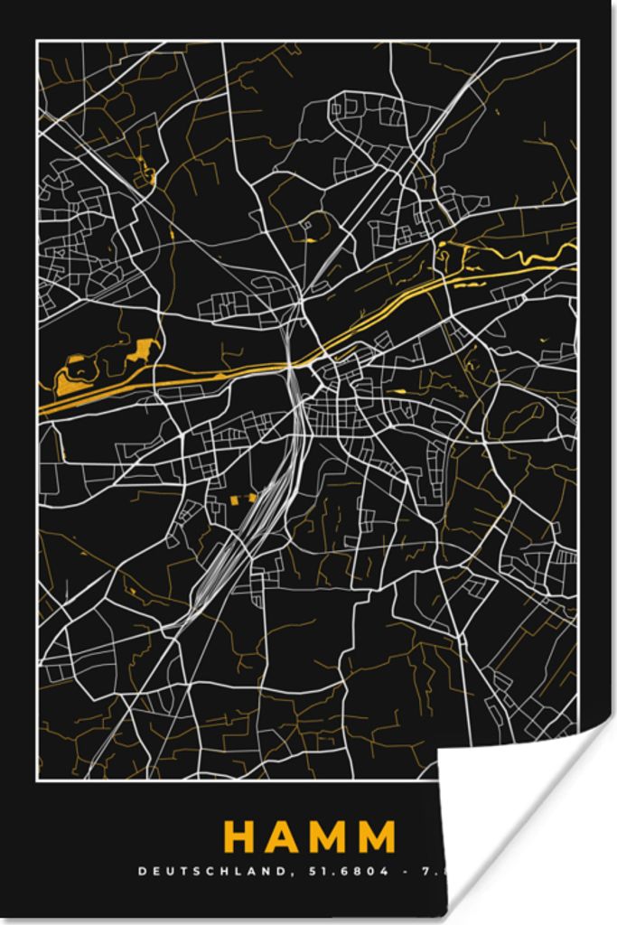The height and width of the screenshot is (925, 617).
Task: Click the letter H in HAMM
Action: coord(241,836)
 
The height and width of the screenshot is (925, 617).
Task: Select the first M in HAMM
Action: coord(333,836)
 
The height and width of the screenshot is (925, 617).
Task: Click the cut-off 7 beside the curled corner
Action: coord(425,872)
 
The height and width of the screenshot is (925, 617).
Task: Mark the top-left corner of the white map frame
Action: coord(37,42)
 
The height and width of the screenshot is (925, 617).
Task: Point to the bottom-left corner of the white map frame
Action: coord(37,779)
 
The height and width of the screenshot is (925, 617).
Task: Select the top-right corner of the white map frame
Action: coord(579,42)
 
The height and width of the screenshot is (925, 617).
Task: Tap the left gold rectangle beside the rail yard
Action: coord(233,499)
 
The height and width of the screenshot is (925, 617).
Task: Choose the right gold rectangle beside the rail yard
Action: coord(248,496)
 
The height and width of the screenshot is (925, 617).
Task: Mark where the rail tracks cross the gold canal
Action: coord(292,363)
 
